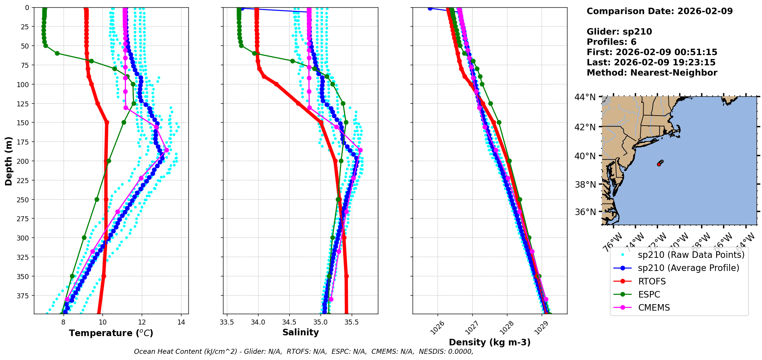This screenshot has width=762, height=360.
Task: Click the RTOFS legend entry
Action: [x=652, y=281]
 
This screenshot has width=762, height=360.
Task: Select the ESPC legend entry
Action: [x=649, y=294]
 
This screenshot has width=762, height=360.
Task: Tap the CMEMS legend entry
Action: [x=654, y=308]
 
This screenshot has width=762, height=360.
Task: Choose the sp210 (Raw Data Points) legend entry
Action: [x=691, y=255]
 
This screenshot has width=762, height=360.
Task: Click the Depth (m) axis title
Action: [x=8, y=161]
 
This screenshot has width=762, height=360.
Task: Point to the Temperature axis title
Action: [x=111, y=333]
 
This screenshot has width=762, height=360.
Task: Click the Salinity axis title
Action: [x=300, y=332]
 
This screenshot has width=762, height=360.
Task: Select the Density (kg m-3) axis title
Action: [x=490, y=342]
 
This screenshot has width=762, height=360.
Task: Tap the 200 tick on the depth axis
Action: [x=24, y=161]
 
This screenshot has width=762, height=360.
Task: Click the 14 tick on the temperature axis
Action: [x=181, y=322]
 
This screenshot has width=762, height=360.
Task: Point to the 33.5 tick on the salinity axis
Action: [x=227, y=322]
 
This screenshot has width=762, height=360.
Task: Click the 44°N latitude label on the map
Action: [x=585, y=97]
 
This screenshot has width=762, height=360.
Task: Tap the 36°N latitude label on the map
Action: [x=585, y=212]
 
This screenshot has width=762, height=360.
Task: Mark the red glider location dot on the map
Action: [x=659, y=164]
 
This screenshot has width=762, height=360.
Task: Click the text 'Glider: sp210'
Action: [x=619, y=32]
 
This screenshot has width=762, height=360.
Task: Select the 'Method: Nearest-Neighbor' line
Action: [x=652, y=73]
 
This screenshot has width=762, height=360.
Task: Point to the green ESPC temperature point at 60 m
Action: [x=57, y=53]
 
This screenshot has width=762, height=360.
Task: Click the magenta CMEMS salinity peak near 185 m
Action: [x=360, y=150]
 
